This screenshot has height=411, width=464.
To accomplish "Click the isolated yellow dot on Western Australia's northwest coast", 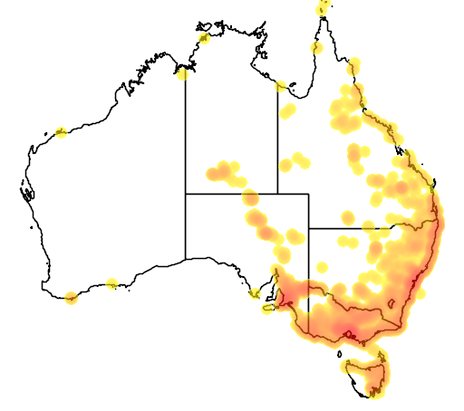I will coord(62,132).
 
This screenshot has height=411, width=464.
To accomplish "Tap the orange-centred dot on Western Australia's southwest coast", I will coord(72,297).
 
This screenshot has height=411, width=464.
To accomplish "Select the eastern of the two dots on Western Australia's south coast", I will coord(111,284).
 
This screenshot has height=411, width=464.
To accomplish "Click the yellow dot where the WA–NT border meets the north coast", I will coord(183,73).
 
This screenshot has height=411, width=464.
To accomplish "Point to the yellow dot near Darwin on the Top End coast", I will coord(204,37).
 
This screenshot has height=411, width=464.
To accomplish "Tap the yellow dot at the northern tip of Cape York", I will coord(323,9).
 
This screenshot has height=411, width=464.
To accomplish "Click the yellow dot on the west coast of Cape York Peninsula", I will coord(317,47).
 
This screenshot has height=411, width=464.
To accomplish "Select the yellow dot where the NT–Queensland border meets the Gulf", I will coord(281,86).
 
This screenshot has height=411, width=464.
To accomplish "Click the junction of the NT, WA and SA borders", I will coord(186,194).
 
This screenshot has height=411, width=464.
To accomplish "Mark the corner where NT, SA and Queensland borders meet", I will coord(277,194).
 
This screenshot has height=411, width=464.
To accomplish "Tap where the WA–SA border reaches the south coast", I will coord(186,259).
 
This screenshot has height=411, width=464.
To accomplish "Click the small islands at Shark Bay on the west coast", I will coord(27,192).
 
